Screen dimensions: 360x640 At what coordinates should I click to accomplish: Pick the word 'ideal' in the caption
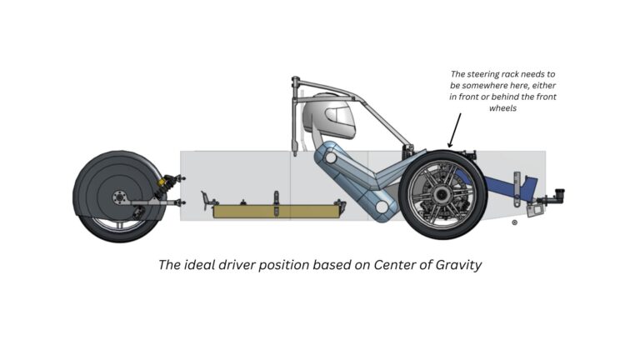coord(207,265)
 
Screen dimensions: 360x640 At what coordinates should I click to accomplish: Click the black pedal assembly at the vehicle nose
coord(552,197)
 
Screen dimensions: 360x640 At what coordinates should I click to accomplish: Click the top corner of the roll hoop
coord(295,81)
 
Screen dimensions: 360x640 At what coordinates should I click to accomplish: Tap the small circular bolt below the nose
coord(514,222)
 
